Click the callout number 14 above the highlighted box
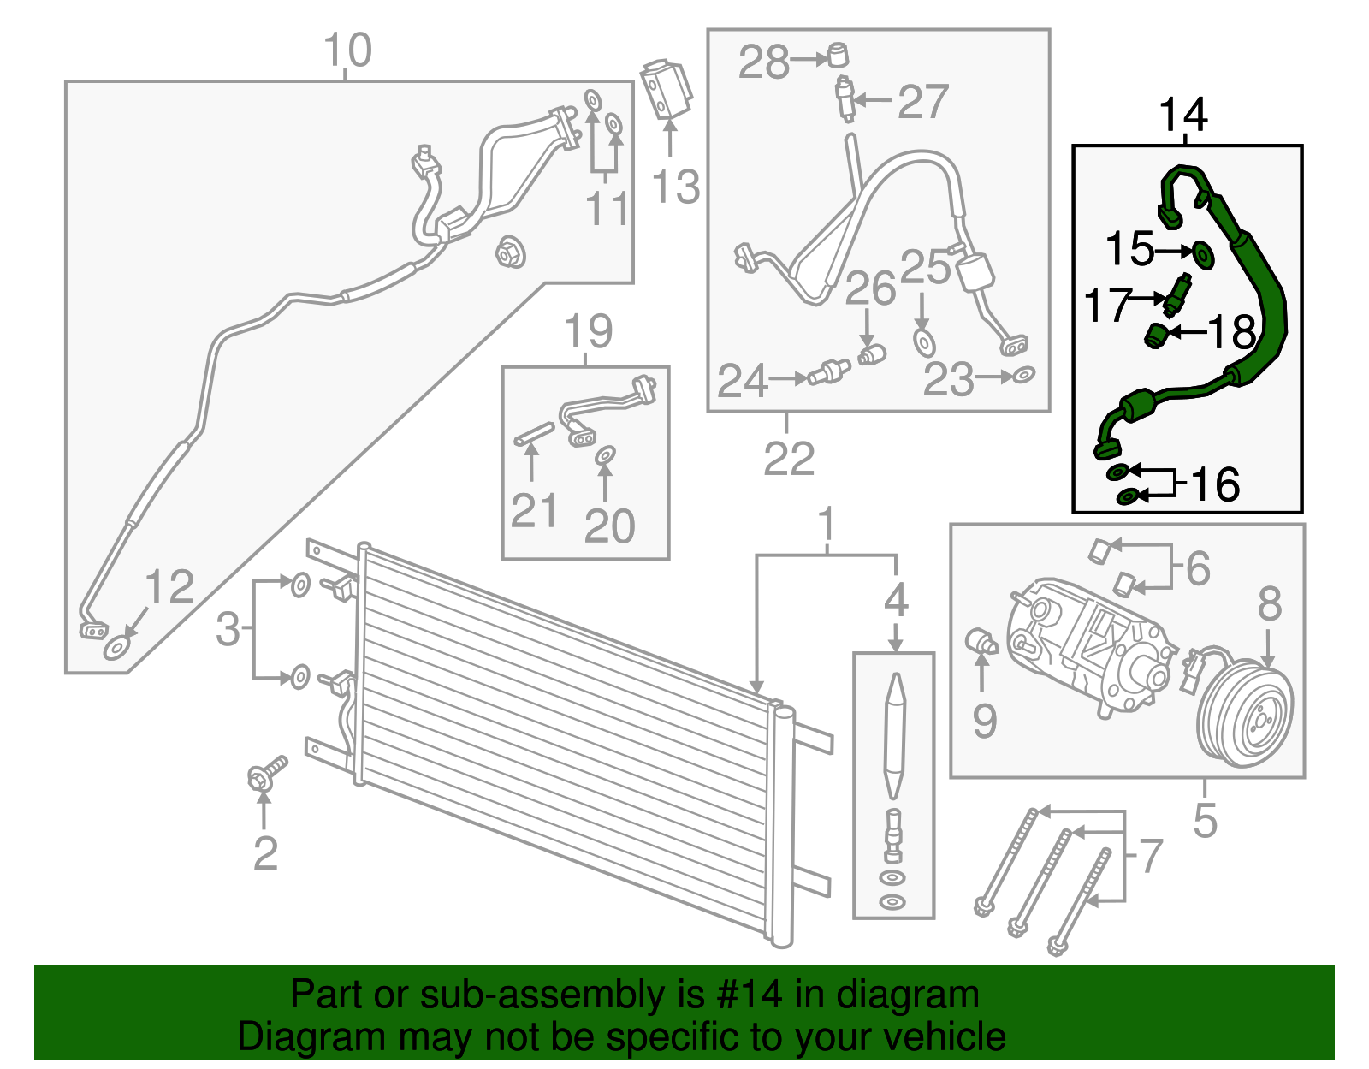point(1182,116)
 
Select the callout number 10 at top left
point(347,51)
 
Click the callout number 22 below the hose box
point(788,460)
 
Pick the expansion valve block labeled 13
point(665,90)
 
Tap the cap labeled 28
point(837,56)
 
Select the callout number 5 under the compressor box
point(1205,821)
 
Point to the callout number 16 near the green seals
point(1214,485)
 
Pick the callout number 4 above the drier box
point(896,601)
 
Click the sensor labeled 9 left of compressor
point(980,643)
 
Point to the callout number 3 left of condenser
point(228,629)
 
